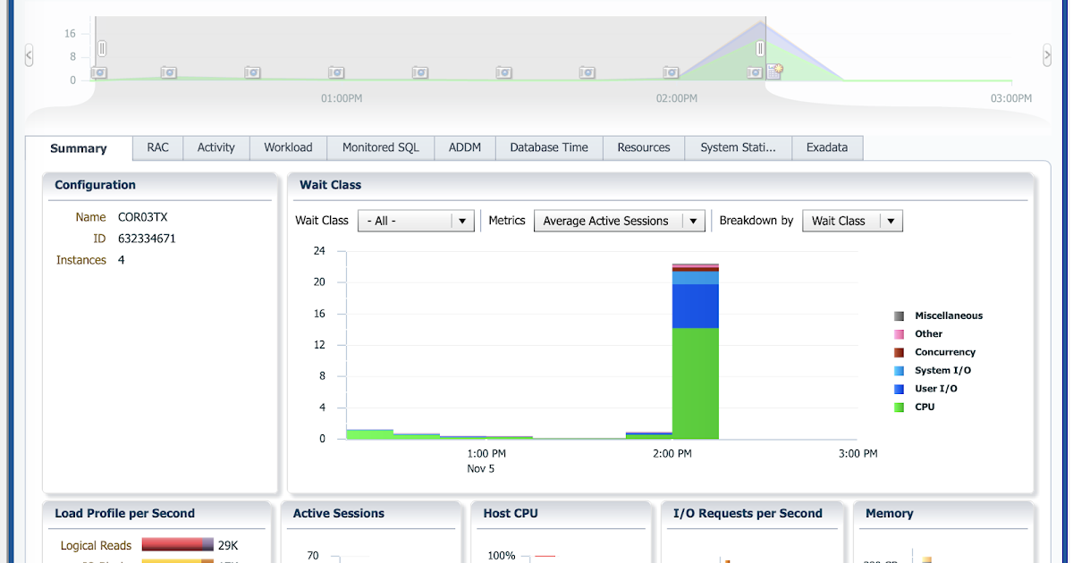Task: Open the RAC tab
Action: pos(157,147)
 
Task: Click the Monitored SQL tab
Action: pos(380,147)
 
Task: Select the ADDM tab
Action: pos(465,147)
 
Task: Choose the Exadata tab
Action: pos(826,147)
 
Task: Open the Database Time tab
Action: pos(549,147)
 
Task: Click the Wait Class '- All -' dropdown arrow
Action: pos(461,221)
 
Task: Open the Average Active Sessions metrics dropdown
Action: pos(695,221)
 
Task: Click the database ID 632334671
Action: pos(147,239)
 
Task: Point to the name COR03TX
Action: pos(142,217)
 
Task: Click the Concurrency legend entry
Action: pos(944,352)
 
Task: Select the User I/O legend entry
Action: pos(936,389)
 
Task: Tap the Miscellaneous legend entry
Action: pos(948,315)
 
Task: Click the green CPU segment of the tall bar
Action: pos(695,384)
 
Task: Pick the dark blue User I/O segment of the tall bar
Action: pos(695,306)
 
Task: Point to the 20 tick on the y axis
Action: pos(319,282)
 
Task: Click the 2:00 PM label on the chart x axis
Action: pos(672,454)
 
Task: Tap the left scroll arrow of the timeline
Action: pos(29,55)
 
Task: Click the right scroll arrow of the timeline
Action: pos(1047,55)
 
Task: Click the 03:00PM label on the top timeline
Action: pos(1010,98)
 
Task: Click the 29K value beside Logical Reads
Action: pos(228,545)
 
